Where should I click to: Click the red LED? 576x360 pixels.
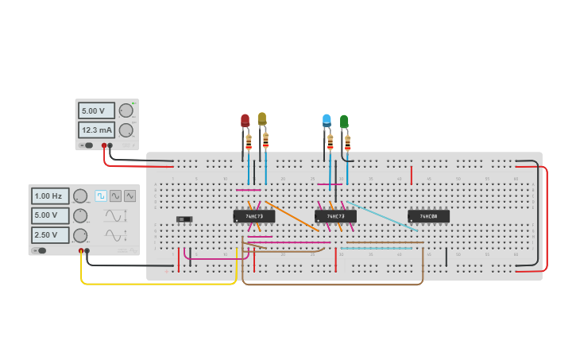click(x=245, y=121)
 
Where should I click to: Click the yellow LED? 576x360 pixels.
click(x=262, y=118)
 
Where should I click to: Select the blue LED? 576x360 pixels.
click(x=327, y=120)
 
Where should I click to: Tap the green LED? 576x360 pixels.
click(x=344, y=122)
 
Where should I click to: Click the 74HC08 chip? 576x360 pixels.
click(x=428, y=216)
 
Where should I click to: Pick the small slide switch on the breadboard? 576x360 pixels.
click(x=184, y=219)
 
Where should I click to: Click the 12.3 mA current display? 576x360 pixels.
click(x=96, y=130)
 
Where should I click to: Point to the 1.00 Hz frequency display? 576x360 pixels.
click(x=50, y=195)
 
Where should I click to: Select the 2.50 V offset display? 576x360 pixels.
click(x=50, y=235)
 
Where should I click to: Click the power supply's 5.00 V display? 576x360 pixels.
click(x=96, y=110)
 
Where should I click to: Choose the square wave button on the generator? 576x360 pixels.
click(x=101, y=195)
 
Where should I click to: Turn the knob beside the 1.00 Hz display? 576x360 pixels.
click(x=80, y=195)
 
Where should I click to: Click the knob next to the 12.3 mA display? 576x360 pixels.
click(x=126, y=130)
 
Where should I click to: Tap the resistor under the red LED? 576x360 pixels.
click(x=249, y=142)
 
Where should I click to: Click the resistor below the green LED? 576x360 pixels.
click(x=347, y=143)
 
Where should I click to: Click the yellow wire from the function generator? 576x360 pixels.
click(x=159, y=283)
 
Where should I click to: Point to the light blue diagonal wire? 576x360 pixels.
click(x=381, y=215)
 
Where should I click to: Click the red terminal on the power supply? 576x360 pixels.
click(x=104, y=146)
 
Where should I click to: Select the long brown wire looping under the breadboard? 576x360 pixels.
click(x=334, y=284)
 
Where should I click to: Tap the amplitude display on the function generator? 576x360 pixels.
click(x=50, y=215)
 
